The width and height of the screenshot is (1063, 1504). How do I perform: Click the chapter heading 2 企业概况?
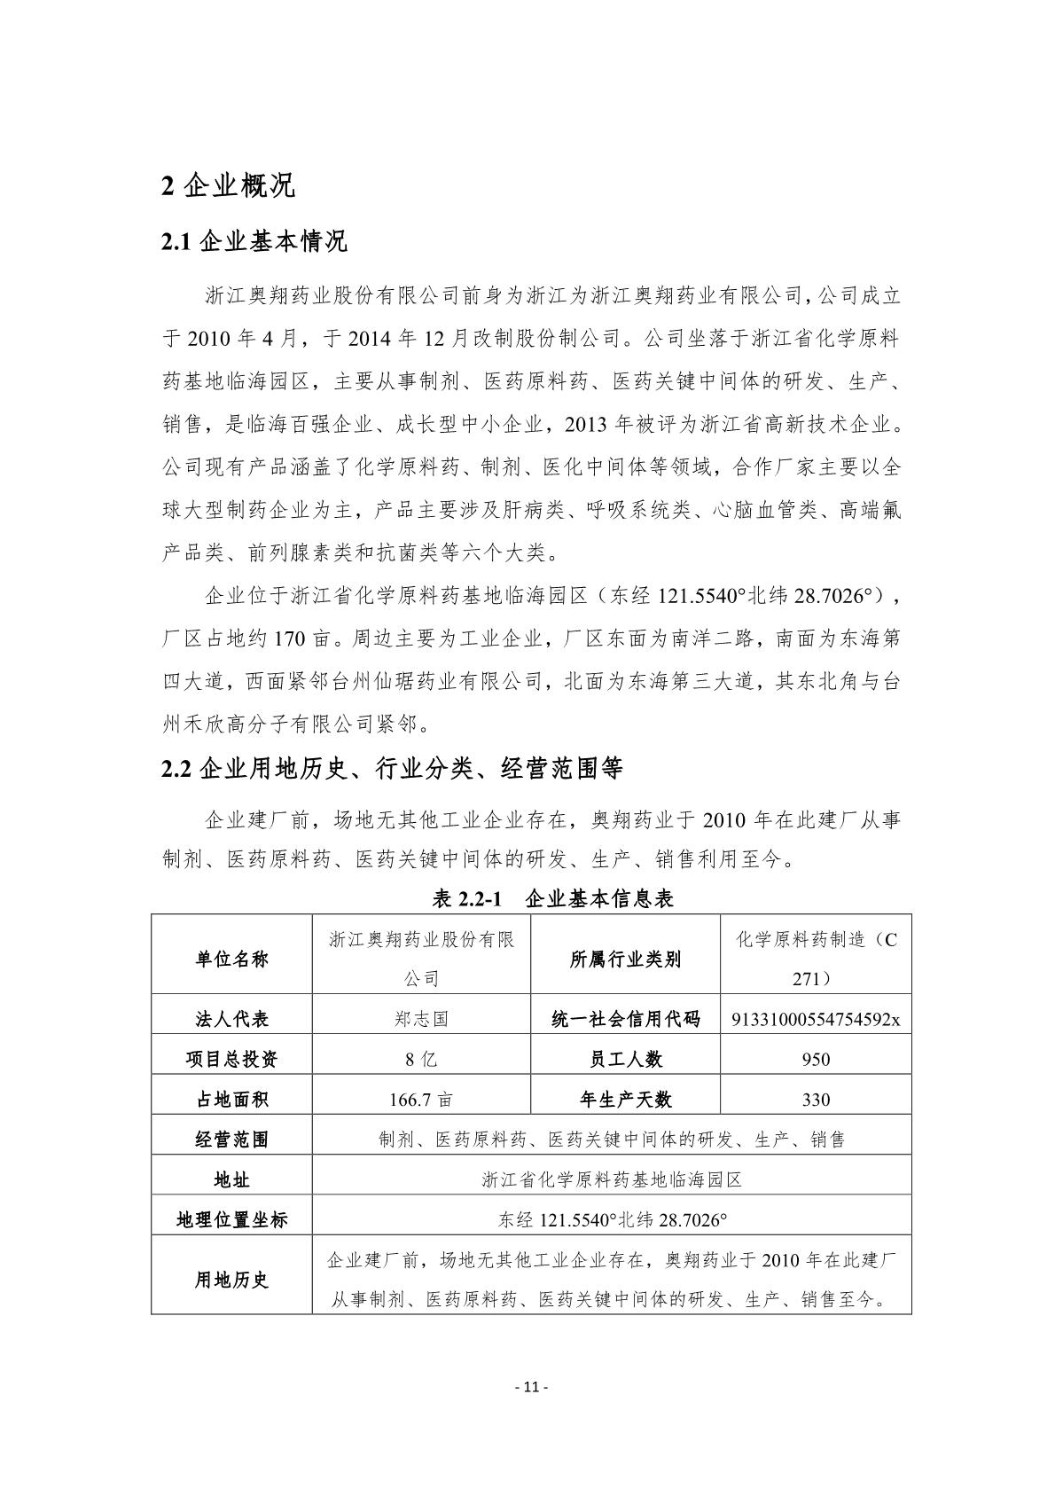click(228, 185)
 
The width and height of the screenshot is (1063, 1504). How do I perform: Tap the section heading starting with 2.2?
click(392, 768)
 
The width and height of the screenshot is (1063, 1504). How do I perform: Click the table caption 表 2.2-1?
click(553, 898)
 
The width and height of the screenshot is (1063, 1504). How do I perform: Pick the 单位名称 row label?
click(231, 960)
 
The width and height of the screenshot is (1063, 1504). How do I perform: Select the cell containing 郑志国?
click(421, 1019)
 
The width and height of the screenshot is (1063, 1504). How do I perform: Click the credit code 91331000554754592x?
click(816, 1019)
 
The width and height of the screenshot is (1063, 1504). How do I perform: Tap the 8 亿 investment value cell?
click(421, 1059)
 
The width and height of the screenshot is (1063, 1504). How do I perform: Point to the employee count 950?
click(816, 1059)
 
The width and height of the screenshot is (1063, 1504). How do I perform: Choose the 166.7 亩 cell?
click(421, 1100)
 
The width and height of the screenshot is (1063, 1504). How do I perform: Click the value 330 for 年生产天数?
click(816, 1100)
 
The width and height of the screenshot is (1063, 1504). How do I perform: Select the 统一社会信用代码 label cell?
click(625, 1019)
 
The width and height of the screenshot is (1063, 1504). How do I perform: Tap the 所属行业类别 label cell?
click(625, 960)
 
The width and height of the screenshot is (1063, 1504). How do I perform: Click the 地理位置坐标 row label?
click(231, 1219)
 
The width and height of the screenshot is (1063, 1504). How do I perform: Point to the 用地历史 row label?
click(231, 1280)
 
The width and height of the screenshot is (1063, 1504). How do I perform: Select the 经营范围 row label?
click(231, 1140)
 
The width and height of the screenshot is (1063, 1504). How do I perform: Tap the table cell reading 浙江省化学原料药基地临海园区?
click(611, 1179)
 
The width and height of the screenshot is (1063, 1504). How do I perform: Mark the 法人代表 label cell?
click(231, 1019)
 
